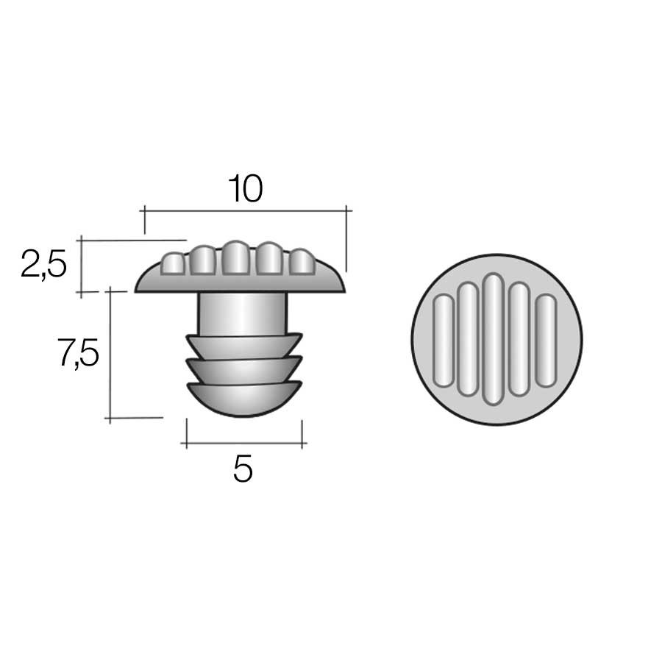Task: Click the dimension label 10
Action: pyautogui.click(x=246, y=188)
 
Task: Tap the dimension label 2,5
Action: pyautogui.click(x=43, y=264)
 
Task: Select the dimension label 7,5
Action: pyautogui.click(x=78, y=353)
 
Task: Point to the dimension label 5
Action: pyautogui.click(x=243, y=469)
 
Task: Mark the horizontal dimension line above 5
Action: pyautogui.click(x=244, y=444)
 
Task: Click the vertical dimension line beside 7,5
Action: pyautogui.click(x=110, y=355)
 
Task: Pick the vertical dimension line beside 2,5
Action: pyautogui.click(x=81, y=267)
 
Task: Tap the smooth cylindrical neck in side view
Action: pyautogui.click(x=242, y=313)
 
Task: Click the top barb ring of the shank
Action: pyautogui.click(x=244, y=346)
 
